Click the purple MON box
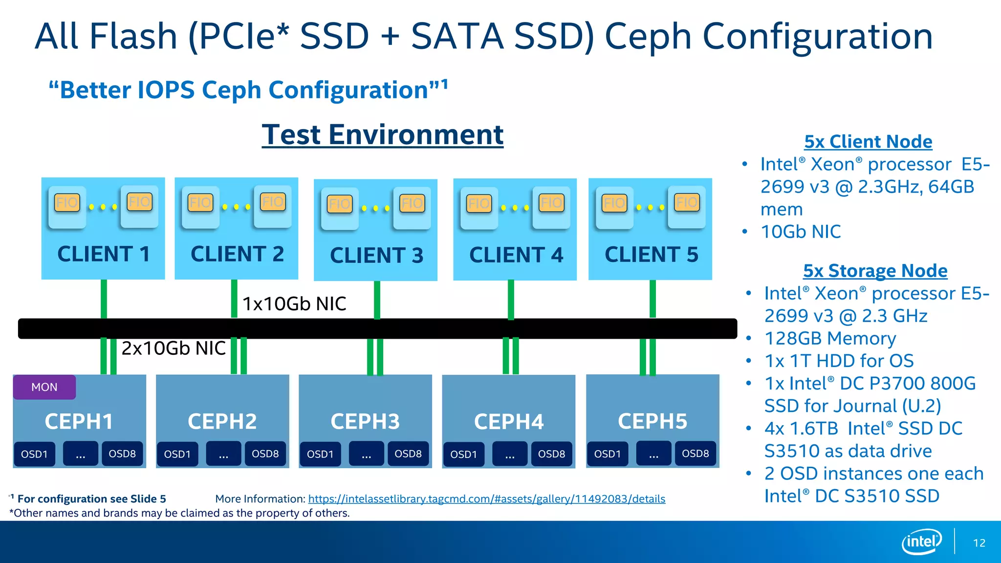(x=44, y=387)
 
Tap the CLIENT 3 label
(x=376, y=256)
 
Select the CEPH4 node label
(x=508, y=422)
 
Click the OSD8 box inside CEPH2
(x=265, y=454)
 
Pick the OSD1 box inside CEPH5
(x=607, y=454)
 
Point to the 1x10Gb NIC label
(x=294, y=303)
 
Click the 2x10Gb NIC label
(x=173, y=348)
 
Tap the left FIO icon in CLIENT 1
(x=67, y=202)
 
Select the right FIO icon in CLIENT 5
(x=687, y=202)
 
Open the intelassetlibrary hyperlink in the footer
(x=486, y=499)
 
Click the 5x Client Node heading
(x=868, y=142)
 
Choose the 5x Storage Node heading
(x=875, y=271)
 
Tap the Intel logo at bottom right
(x=921, y=541)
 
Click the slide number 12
(x=979, y=543)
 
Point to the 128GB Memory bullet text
(x=830, y=338)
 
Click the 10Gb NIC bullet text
(x=801, y=232)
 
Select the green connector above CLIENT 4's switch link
(x=511, y=299)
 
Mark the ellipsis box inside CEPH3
(x=367, y=454)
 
